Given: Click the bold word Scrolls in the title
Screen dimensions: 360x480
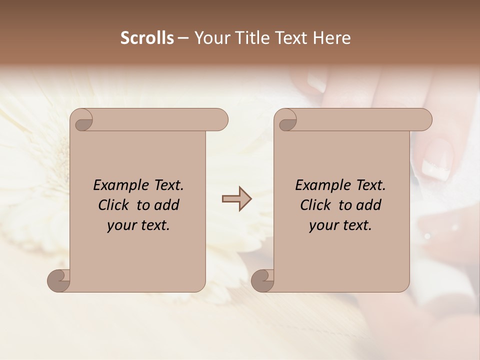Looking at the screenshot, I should point(147,38).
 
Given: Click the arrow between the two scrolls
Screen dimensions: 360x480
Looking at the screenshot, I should point(236,199).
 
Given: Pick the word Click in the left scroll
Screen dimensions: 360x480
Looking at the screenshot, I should point(114,205).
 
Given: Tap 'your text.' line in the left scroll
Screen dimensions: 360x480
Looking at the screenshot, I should point(138,225).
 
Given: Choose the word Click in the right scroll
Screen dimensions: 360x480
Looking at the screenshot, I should point(316,205).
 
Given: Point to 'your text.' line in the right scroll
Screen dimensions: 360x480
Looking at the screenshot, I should point(340,225).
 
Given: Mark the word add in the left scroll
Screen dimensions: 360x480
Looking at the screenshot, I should point(167,205).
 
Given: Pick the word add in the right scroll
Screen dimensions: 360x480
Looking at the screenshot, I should point(369,205).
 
